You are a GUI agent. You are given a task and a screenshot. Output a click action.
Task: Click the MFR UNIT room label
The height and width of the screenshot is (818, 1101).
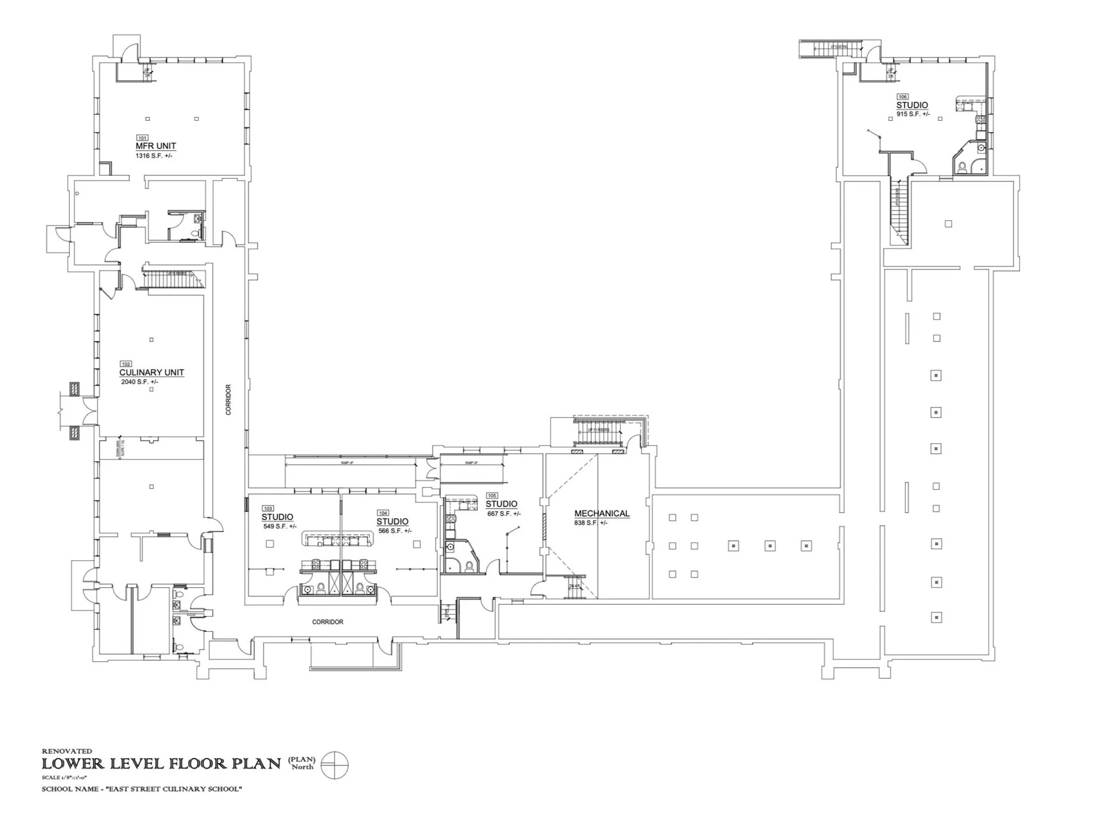point(155,146)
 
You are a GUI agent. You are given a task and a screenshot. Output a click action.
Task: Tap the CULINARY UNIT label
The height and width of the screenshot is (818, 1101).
point(151,372)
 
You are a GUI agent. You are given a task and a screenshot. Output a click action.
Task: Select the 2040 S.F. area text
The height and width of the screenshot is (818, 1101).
point(139,382)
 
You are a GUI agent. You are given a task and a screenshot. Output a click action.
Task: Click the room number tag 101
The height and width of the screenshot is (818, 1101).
point(142,138)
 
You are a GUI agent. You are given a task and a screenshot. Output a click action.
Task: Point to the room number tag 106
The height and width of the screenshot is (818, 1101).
point(902,97)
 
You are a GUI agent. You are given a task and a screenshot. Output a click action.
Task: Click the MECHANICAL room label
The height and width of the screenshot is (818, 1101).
point(602,514)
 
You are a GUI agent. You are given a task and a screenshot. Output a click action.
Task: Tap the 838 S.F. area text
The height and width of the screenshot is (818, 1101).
point(591,523)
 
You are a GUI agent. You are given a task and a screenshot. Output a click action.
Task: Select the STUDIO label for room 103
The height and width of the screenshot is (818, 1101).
point(277,517)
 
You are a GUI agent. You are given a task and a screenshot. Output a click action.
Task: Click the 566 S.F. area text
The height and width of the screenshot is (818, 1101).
point(395,531)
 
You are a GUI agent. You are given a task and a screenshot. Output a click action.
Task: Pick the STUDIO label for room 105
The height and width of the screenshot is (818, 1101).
point(501,504)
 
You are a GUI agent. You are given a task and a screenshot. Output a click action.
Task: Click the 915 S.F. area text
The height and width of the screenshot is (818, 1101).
point(913,114)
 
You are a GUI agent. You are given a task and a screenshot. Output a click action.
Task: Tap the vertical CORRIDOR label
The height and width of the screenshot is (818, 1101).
point(228,399)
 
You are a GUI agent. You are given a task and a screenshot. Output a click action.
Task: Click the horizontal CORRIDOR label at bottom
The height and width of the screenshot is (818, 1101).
point(328,622)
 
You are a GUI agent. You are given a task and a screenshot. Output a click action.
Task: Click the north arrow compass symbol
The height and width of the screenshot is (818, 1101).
point(334,766)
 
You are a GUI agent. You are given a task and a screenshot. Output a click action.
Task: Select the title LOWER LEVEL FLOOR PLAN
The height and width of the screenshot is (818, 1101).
point(161,764)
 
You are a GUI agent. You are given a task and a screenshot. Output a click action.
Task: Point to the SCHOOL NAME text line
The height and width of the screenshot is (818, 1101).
point(141,789)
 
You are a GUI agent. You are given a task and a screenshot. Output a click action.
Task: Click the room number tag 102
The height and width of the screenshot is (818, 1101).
point(126,364)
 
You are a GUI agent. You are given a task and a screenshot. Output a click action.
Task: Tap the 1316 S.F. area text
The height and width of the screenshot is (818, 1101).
point(153,156)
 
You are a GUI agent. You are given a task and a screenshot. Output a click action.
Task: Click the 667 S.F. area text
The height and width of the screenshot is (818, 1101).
point(504,514)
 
